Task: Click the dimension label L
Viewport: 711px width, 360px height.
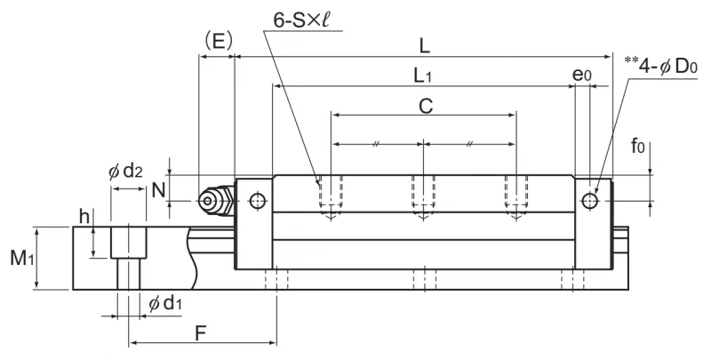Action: [x=425, y=46]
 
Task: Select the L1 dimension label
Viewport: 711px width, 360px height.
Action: [x=423, y=76]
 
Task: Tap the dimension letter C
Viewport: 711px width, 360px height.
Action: [x=426, y=107]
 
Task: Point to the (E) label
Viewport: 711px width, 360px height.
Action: [x=219, y=42]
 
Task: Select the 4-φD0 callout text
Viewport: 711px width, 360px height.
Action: [x=661, y=66]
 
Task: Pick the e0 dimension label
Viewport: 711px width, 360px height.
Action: [x=582, y=75]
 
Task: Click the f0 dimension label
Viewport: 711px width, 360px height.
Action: [x=637, y=147]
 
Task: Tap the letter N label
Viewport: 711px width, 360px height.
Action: [x=158, y=190]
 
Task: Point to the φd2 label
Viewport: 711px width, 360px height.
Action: [x=126, y=172]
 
